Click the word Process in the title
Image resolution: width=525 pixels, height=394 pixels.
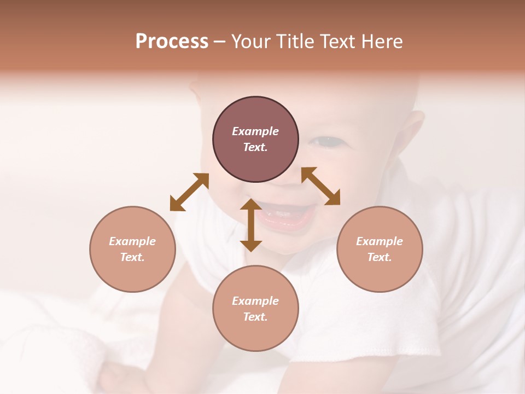(172, 42)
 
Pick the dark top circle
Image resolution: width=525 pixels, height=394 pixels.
(255, 140)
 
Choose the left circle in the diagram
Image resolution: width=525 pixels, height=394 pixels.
(132, 249)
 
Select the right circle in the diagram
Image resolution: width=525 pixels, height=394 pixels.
(380, 249)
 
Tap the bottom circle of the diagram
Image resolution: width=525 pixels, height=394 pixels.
(255, 309)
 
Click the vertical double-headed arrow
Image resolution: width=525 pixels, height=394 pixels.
(251, 225)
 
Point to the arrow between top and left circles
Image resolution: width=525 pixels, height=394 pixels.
(189, 192)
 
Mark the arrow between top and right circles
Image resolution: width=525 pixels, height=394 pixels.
(320, 186)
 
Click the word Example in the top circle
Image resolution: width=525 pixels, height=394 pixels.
(255, 131)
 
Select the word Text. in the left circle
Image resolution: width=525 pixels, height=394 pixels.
(132, 257)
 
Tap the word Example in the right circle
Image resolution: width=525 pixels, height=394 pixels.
(380, 241)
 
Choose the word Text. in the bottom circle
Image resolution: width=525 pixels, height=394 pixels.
(255, 317)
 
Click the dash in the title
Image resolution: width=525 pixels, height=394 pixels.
(220, 42)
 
